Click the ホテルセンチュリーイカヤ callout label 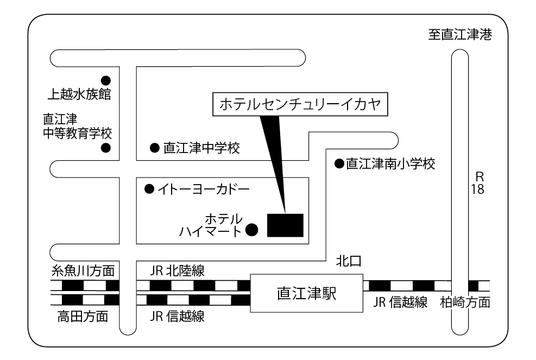click(x=300, y=105)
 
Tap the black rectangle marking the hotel click(x=285, y=225)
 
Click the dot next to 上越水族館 click(x=106, y=79)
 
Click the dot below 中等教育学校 click(x=106, y=147)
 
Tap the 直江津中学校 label click(x=201, y=147)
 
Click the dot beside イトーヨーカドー click(x=149, y=190)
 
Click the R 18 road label click(x=478, y=184)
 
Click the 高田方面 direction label click(x=83, y=316)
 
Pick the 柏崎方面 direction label click(x=465, y=302)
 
